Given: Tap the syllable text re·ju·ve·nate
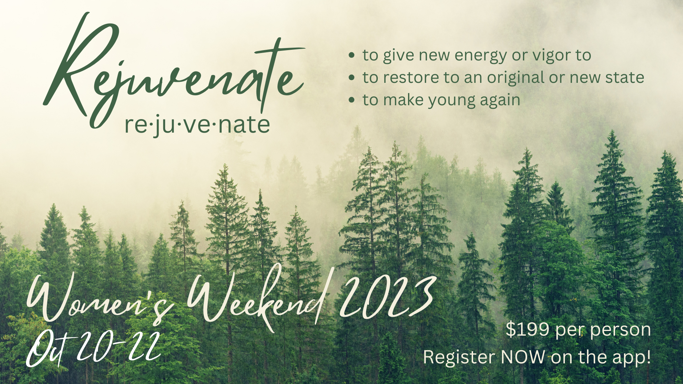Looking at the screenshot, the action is click(x=197, y=126).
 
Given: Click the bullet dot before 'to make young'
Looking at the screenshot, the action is click(x=352, y=100).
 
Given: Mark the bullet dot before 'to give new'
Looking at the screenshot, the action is click(x=352, y=55).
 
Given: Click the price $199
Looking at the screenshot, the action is click(x=528, y=330).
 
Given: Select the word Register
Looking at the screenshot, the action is click(x=459, y=358).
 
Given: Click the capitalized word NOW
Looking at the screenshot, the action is click(x=523, y=357).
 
